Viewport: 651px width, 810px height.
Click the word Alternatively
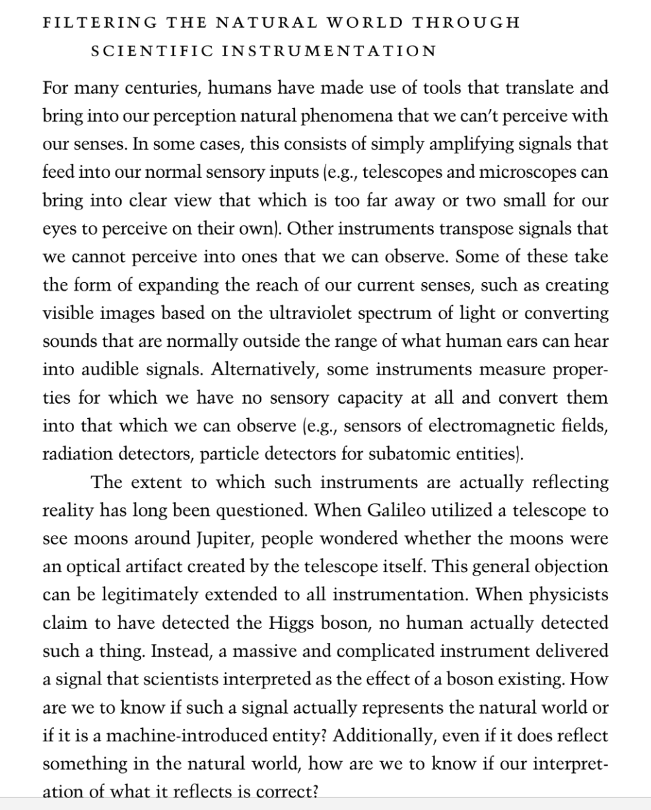click(x=264, y=370)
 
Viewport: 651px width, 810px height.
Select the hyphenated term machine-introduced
click(x=182, y=737)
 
